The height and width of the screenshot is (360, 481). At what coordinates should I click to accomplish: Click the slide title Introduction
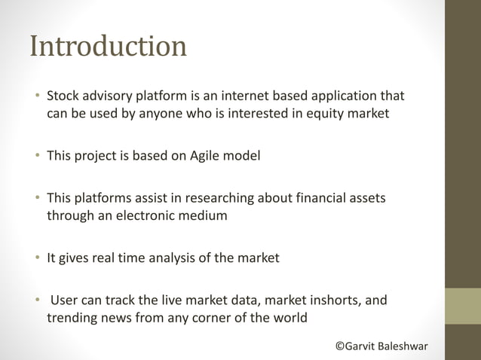[x=107, y=46]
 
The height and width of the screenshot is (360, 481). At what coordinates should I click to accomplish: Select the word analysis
[x=176, y=258]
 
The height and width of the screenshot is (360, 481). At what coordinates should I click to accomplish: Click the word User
[x=64, y=301]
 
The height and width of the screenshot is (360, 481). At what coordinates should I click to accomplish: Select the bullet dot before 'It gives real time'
[x=35, y=258]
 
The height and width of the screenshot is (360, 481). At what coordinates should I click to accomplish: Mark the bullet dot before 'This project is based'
[x=35, y=156]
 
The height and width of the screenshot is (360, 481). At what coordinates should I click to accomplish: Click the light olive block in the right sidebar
[x=463, y=306]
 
